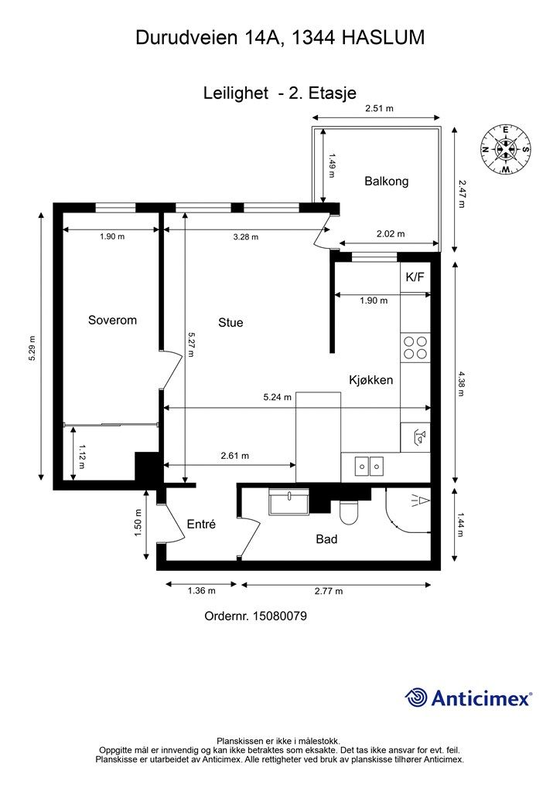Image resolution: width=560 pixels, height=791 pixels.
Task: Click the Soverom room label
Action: coord(112,320)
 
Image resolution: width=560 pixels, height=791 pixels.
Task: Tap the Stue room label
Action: coord(230,322)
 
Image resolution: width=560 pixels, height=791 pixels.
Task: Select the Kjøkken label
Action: coord(370,380)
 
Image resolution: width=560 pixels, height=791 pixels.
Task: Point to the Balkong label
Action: coord(386,181)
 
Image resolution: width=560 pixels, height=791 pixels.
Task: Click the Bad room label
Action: coord(326,539)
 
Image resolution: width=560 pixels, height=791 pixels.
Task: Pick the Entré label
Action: coord(201,525)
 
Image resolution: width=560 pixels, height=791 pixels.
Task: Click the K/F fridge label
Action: coord(415,277)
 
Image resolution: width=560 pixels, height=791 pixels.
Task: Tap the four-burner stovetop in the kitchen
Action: coord(415,348)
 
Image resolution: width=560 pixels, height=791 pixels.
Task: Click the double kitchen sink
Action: coord(369,466)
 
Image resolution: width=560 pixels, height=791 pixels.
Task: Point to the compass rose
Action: coord(505,149)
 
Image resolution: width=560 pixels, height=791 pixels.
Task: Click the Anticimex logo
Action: coord(468,698)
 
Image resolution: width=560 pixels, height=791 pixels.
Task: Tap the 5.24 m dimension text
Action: coord(277,397)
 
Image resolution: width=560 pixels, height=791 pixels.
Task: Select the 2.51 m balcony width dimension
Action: coord(379,108)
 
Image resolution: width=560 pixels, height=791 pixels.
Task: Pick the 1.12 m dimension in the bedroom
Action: coord(81,455)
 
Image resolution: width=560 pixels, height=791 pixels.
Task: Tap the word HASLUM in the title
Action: coord(384,38)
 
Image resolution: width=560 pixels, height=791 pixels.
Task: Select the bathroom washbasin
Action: coord(289,502)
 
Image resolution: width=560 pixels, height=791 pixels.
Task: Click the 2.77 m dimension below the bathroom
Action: coord(329,591)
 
